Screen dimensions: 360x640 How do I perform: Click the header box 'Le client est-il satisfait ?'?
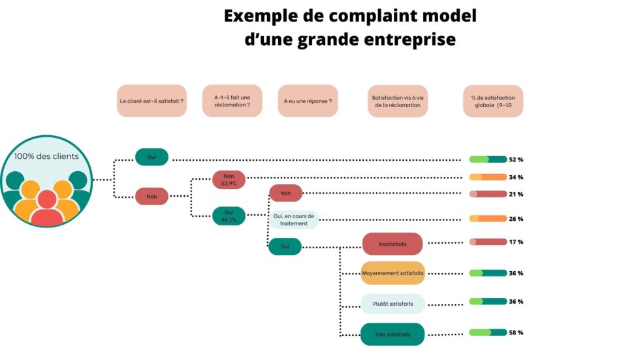[x=152, y=101]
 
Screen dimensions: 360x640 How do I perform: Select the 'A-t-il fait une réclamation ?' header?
[x=232, y=101]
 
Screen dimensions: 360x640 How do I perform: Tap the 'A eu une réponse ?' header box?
[x=308, y=101]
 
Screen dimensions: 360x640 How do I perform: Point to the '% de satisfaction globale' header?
[x=493, y=101]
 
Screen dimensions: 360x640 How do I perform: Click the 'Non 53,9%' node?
[x=229, y=180]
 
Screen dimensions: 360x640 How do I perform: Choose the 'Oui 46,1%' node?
[x=229, y=216]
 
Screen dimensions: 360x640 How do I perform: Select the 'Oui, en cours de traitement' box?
[x=294, y=220]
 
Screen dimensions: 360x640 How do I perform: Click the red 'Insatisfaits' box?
[x=392, y=244]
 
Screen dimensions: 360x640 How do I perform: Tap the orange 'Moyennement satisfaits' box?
[x=392, y=273]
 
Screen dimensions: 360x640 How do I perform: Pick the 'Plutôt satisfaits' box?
[x=392, y=304]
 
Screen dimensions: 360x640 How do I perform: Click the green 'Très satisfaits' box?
[x=392, y=335]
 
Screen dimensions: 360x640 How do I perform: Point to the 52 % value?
[x=516, y=159]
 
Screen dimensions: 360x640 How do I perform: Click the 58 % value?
[x=516, y=333]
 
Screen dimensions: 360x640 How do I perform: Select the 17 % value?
[x=516, y=242]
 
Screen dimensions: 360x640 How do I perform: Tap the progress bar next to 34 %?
[x=488, y=177]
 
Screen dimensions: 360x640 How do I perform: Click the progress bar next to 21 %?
[x=488, y=194]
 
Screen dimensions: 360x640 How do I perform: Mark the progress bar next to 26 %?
[x=488, y=219]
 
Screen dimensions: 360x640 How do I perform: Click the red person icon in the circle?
[x=47, y=208]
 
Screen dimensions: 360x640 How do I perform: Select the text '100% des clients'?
[x=46, y=156]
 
